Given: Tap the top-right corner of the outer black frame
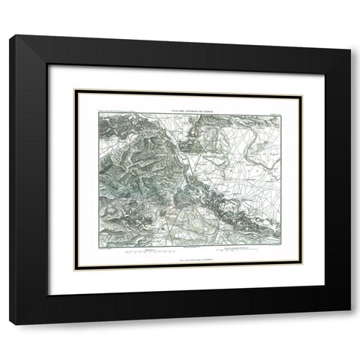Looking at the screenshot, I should click(x=349, y=35).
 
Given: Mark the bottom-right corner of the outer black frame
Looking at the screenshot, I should click(x=349, y=324).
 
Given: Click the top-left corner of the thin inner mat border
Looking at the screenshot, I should click(x=73, y=90).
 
